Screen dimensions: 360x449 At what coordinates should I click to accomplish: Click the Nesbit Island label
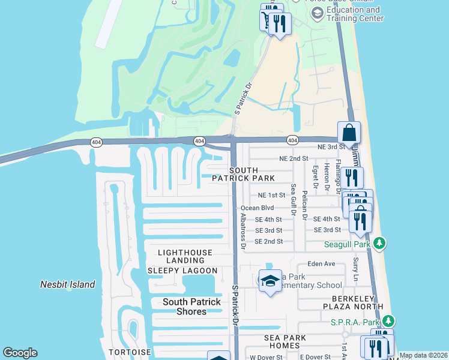(67, 284)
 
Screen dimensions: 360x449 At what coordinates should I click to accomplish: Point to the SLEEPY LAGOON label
(182, 271)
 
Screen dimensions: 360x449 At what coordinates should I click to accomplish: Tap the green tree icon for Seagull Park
(379, 244)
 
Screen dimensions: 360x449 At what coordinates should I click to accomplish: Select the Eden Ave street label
(321, 263)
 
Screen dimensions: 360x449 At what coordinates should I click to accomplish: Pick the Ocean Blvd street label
(262, 208)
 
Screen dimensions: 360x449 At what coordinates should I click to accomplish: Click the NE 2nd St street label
(294, 158)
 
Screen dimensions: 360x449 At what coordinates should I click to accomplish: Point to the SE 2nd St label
(268, 241)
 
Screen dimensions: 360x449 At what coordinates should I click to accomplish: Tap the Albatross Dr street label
(243, 230)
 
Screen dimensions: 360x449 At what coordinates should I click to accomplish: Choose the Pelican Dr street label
(306, 198)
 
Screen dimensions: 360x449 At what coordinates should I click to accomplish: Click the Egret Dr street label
(315, 176)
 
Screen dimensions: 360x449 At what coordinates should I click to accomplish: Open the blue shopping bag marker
(349, 133)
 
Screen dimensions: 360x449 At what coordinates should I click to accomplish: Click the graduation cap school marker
(270, 280)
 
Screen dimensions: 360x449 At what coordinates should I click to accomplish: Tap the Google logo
(20, 353)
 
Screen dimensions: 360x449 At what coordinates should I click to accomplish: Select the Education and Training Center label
(354, 14)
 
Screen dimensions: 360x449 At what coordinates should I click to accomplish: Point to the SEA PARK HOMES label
(282, 341)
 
